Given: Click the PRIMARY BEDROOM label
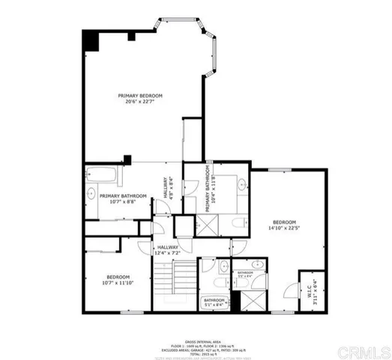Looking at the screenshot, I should pos(141,96).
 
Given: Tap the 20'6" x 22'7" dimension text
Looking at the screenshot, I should pos(141,103).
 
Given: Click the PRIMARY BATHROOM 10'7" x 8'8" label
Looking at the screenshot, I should pos(123,199).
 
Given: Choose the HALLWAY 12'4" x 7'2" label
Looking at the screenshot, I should pos(168,250).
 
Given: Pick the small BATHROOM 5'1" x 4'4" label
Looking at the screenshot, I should pos(247,274).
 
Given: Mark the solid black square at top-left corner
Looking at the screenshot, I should pos(90,40).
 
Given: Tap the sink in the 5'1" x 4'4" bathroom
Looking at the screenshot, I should pos(256,263).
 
